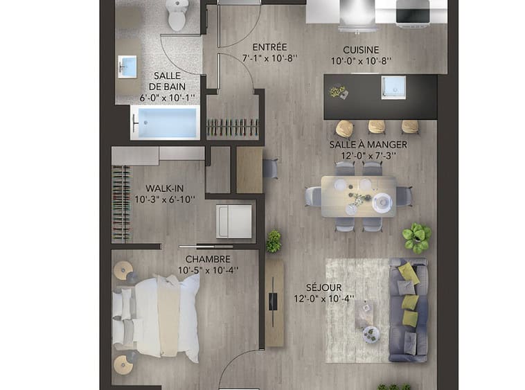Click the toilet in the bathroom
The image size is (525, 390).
(x=177, y=15)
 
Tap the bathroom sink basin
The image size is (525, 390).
(x=127, y=67)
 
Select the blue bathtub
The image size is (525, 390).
(x=165, y=123)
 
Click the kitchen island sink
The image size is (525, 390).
(x=393, y=87)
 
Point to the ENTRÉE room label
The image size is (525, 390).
(x=269, y=47)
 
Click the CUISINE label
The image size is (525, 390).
(x=361, y=50)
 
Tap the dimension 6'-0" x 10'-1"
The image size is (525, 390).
(x=167, y=98)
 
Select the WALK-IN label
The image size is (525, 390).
(x=164, y=188)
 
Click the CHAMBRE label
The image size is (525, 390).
(x=208, y=259)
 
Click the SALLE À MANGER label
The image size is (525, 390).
(x=368, y=145)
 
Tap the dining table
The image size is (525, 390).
(x=358, y=197)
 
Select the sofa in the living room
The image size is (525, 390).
(x=408, y=310)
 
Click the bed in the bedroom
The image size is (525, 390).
(x=157, y=316)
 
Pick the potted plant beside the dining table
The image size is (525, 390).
(x=416, y=238)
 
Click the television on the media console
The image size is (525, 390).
(x=273, y=301)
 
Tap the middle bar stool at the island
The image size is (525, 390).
(x=376, y=127)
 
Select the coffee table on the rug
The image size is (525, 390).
(x=364, y=314)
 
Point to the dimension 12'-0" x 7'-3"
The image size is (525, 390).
(x=368, y=156)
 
